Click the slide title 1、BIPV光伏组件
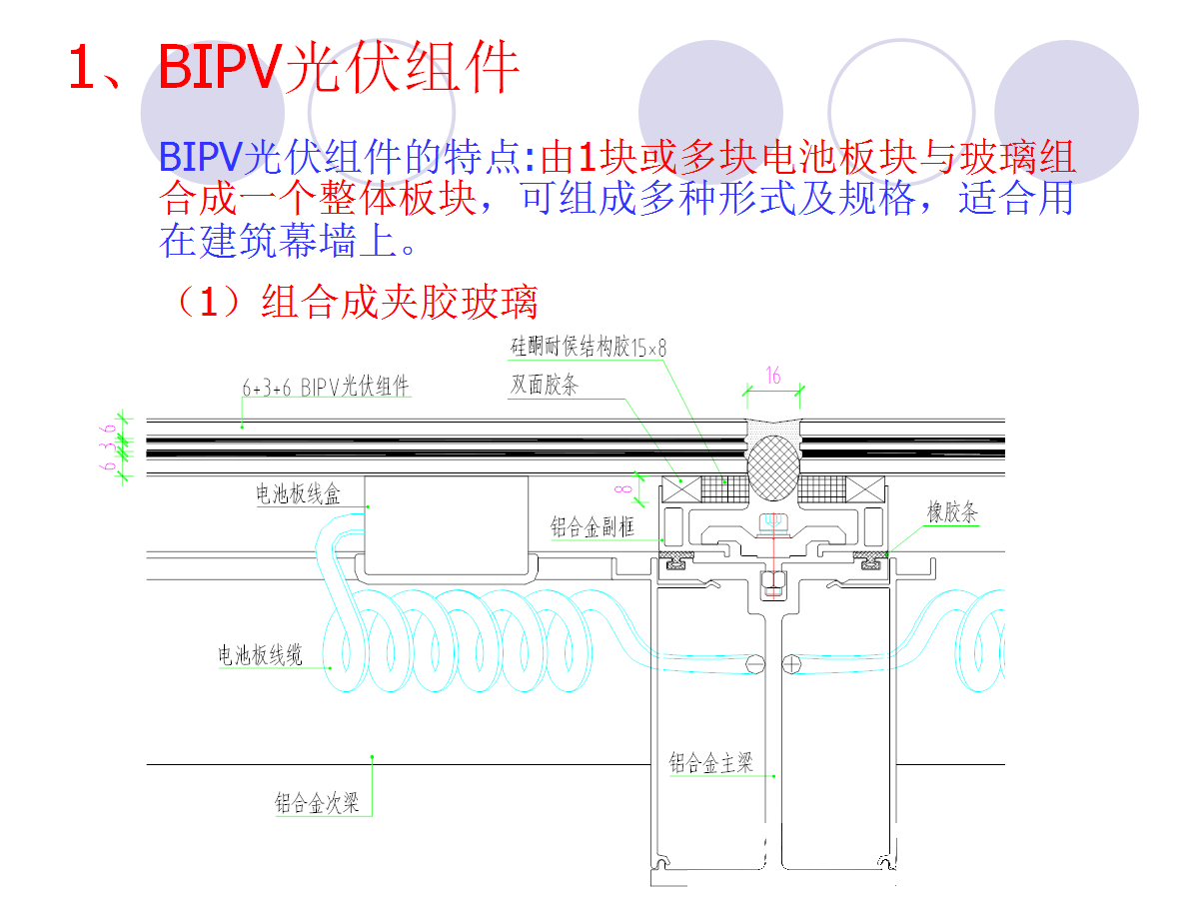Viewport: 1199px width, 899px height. click(x=295, y=68)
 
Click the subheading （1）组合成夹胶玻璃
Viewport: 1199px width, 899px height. click(x=355, y=302)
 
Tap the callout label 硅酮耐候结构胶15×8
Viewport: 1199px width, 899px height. click(x=589, y=348)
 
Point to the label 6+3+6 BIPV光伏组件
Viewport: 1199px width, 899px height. click(x=326, y=388)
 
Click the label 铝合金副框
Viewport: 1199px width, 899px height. click(x=593, y=526)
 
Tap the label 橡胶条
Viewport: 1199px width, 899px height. click(x=951, y=513)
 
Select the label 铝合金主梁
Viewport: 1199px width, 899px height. click(x=710, y=765)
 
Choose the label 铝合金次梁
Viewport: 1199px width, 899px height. click(x=317, y=802)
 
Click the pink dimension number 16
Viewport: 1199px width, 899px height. click(x=772, y=377)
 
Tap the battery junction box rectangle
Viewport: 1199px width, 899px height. click(x=446, y=523)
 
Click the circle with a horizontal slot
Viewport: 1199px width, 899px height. click(x=756, y=662)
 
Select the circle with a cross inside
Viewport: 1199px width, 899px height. click(x=792, y=662)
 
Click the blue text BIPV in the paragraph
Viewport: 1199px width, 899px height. click(x=200, y=157)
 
